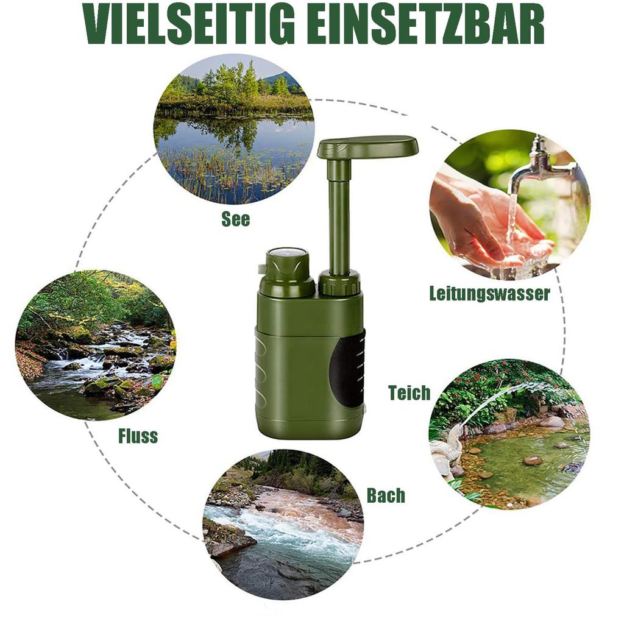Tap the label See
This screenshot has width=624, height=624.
tap(235, 219)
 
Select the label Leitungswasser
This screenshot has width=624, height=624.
tap(489, 294)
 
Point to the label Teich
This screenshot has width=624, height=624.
tap(409, 393)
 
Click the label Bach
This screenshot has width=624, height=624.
tap(386, 495)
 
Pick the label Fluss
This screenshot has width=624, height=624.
tap(138, 436)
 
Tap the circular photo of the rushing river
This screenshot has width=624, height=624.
tap(283, 524)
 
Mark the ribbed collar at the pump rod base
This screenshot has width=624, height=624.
tap(341, 284)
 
